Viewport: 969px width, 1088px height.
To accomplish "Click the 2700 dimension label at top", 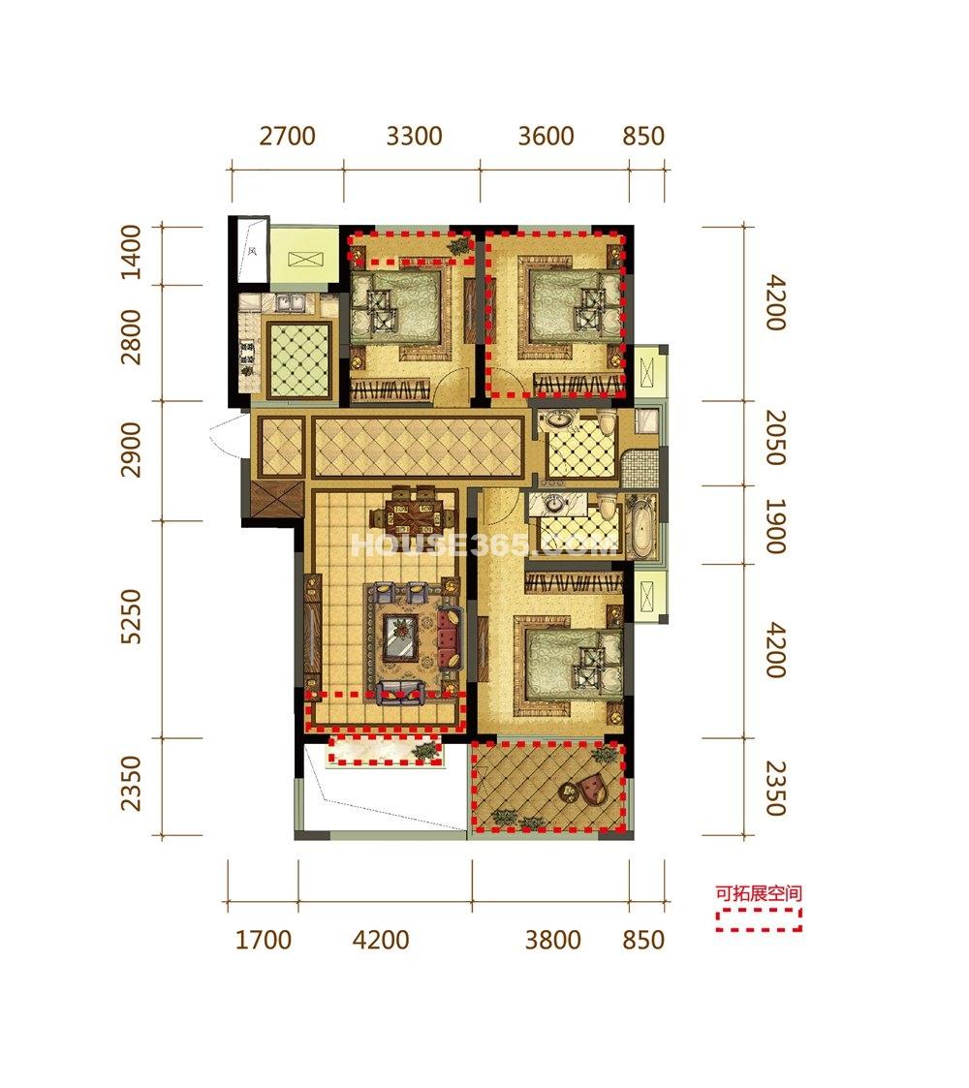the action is pos(288,136).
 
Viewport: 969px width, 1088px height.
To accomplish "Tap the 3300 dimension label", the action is pos(414,136).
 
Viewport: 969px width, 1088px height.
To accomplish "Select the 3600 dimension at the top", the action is pos(547,136).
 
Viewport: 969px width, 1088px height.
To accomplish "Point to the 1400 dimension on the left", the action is pos(131,252).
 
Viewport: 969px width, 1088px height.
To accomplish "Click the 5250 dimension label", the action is pos(131,616).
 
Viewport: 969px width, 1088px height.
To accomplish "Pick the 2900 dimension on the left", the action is pos(131,450).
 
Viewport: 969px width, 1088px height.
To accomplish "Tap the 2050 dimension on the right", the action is pos(776,437).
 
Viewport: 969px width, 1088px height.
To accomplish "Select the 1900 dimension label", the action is pos(776,526).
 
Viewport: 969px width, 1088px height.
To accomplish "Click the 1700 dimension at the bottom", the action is pos(263,940).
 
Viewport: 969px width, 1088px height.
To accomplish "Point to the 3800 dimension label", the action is pos(553,940).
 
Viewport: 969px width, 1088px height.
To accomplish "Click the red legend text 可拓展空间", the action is pos(759,893).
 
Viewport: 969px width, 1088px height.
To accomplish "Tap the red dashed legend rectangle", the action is pos(759,919).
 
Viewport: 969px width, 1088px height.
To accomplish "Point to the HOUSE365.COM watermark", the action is pos(484,544).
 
